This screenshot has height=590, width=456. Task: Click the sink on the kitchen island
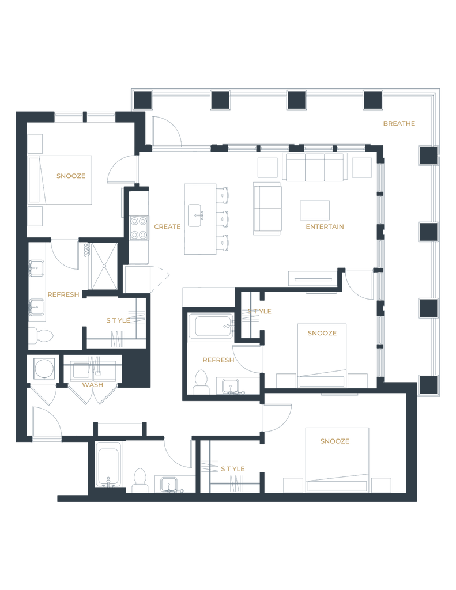point(198,216)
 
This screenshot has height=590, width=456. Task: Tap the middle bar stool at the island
point(224,218)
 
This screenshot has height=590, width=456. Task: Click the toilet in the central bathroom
point(201,381)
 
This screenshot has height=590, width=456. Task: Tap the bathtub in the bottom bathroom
point(108,465)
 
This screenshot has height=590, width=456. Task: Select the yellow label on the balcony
point(399,123)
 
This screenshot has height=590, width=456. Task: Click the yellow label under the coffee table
point(325,226)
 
